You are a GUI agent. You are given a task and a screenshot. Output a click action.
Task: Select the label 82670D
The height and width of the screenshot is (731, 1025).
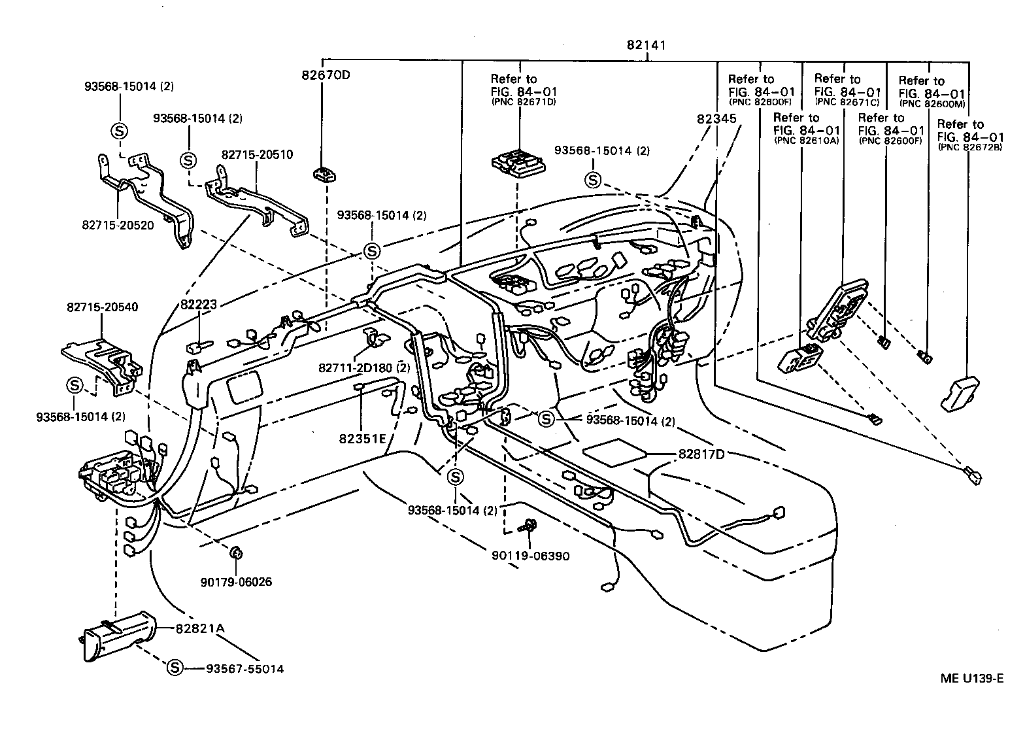click(326, 75)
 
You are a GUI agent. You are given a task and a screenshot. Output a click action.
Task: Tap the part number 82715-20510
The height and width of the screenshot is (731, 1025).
click(257, 155)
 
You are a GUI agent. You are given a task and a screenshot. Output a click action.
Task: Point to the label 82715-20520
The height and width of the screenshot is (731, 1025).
click(118, 224)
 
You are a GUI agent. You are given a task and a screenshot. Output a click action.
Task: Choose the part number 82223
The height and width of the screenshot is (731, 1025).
click(199, 304)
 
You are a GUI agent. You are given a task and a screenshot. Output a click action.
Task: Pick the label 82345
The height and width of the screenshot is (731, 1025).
click(716, 119)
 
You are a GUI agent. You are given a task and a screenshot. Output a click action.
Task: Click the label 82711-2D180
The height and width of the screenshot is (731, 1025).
click(355, 368)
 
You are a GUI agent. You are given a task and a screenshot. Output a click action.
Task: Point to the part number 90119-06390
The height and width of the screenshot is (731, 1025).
click(529, 556)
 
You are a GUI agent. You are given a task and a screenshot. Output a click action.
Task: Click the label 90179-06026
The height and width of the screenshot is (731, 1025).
click(237, 582)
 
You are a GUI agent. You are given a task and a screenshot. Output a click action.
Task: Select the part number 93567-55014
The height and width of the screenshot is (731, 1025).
click(244, 669)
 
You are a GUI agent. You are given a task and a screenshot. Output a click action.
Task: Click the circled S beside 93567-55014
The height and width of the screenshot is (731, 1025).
click(175, 668)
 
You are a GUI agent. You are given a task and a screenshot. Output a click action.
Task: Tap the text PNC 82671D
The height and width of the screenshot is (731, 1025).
click(523, 102)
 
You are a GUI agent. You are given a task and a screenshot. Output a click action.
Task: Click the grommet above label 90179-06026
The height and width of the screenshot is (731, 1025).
click(237, 553)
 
